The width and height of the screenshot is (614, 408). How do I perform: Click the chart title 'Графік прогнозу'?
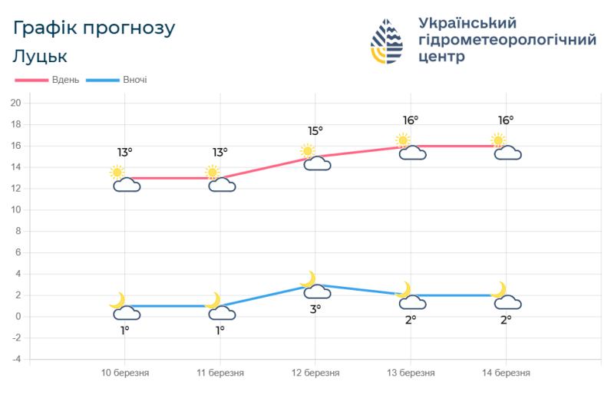pos(94,28)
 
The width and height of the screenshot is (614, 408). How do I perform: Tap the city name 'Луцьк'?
pos(40,56)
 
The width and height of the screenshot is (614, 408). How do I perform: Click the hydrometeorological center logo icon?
pos(387,41)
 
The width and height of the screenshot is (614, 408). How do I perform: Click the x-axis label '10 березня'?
pos(125,373)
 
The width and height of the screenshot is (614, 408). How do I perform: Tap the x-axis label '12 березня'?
pos(315,373)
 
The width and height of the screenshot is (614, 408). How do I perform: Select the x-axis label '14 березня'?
pos(506,373)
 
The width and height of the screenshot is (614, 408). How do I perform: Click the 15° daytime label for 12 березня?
pos(315,131)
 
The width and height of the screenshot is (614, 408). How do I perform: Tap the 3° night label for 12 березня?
pos(315,309)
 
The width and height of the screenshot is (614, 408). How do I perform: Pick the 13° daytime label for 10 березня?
pos(125,153)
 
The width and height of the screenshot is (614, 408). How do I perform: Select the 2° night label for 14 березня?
pos(506,320)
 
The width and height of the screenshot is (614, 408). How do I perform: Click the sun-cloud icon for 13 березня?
pos(411,147)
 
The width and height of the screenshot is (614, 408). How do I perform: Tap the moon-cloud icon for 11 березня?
pos(220,307)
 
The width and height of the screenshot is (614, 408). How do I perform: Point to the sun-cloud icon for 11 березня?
pos(220,179)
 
